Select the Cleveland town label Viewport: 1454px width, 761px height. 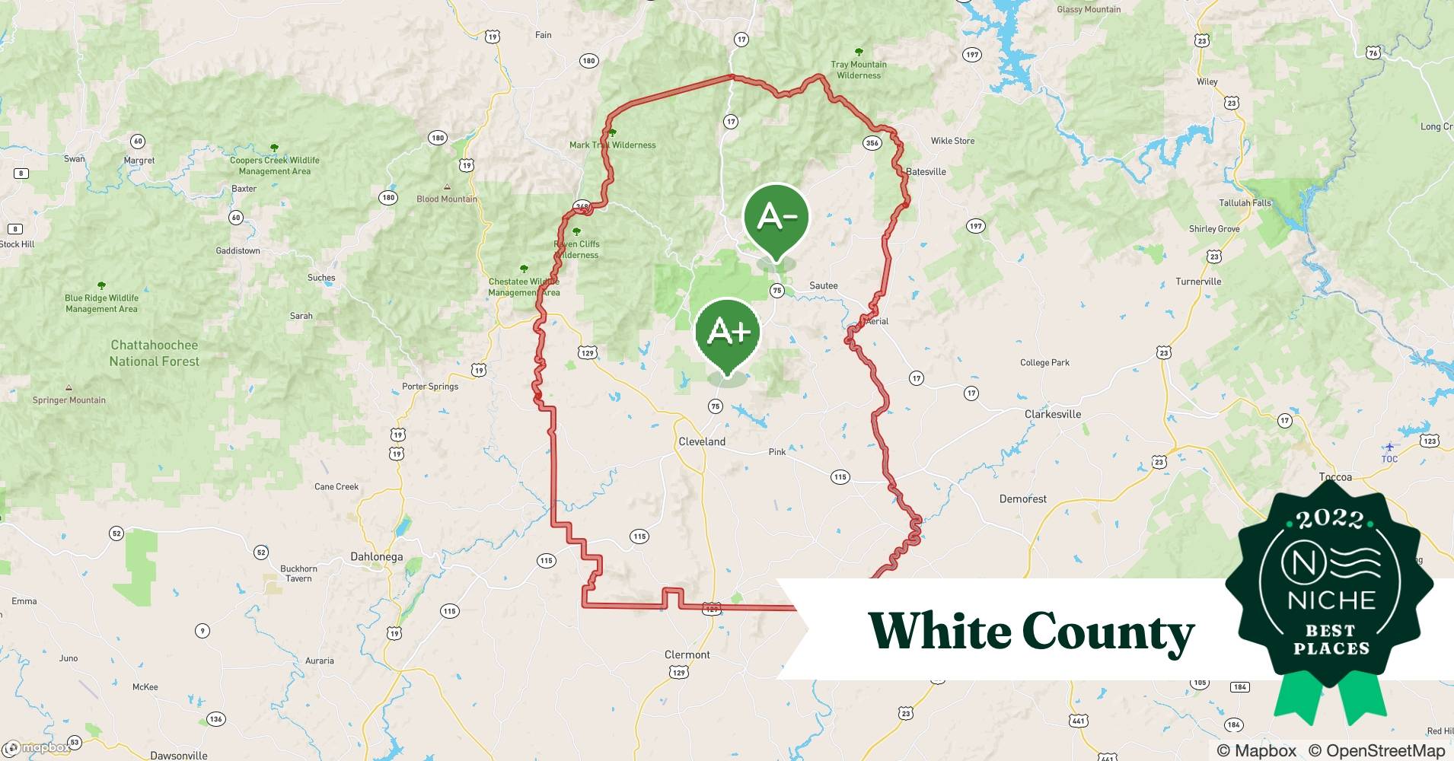[702, 441]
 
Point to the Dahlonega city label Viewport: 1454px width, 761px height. [376, 556]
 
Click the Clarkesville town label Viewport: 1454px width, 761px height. [1052, 414]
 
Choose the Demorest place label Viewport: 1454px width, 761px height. [1022, 499]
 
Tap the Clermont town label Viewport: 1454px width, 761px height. [687, 654]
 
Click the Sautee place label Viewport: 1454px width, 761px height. [823, 285]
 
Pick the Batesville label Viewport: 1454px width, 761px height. [926, 172]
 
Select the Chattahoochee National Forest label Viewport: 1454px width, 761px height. [155, 353]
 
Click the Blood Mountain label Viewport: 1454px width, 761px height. [447, 199]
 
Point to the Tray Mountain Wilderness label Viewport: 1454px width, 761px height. [859, 70]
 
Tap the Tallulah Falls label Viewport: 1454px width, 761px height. [1245, 203]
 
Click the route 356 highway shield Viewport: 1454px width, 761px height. [872, 142]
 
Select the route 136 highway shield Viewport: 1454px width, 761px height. [215, 718]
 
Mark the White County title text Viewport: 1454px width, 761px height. [1031, 632]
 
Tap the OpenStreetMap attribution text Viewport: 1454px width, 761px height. [1376, 750]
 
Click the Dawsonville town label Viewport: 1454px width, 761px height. [178, 756]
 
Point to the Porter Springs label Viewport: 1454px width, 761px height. [430, 387]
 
